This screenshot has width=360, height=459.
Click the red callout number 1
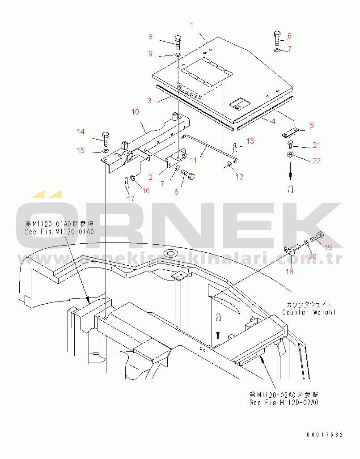(192, 25)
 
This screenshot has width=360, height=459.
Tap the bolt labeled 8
(178, 43)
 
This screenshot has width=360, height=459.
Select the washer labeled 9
(178, 55)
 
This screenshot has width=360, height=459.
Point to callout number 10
(135, 112)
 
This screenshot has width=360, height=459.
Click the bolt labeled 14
(105, 139)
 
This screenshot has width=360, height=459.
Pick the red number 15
(81, 150)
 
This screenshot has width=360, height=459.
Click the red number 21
(316, 145)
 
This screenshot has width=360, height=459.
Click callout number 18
(289, 272)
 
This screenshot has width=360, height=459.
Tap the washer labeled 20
(306, 242)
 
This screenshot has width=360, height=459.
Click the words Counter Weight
(309, 312)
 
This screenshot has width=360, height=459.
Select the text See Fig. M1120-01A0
(59, 232)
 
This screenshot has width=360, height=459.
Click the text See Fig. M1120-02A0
(284, 403)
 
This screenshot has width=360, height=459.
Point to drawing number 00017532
(325, 435)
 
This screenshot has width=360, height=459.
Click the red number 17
(131, 199)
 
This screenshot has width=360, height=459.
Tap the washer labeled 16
(132, 178)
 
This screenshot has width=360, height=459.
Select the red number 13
(250, 141)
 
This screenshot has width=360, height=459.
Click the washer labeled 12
(230, 165)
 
